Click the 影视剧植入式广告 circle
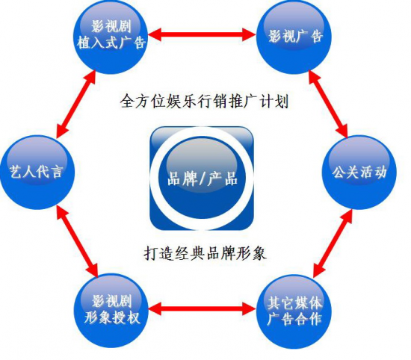[x=111, y=37]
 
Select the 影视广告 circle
[x=294, y=37]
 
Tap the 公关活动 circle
[x=359, y=172]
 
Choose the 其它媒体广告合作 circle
[x=294, y=311]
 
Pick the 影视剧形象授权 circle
[x=111, y=311]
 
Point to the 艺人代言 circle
[x=37, y=172]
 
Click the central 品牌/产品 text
[x=202, y=179]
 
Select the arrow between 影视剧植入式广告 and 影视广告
[x=202, y=34]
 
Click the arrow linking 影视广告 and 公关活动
[x=328, y=104]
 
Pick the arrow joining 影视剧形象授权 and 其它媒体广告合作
[x=202, y=308]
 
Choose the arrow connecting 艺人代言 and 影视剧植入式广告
[x=76, y=105]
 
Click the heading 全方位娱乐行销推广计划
[x=205, y=101]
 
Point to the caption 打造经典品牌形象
[x=205, y=254]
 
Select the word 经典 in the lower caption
[x=190, y=254]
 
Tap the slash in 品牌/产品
[x=202, y=179]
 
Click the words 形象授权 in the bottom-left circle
[x=111, y=318]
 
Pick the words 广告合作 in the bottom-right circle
[x=294, y=319]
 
